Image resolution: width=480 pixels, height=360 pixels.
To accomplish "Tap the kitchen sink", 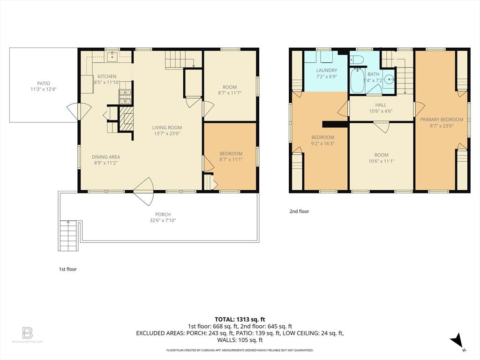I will pos(112,57).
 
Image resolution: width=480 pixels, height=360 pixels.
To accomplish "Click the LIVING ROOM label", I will pos(167,127).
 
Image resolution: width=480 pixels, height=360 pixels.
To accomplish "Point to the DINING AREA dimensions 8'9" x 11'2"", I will pos(105,163).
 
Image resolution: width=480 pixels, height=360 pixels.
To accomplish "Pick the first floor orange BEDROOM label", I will pos(231,154).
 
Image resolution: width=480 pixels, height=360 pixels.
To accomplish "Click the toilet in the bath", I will pos(357,59).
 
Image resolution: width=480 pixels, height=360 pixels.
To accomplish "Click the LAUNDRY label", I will pos(326,70).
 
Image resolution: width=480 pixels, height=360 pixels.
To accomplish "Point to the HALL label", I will pos(381,105).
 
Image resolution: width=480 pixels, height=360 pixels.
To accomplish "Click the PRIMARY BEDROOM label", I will pos(442,120).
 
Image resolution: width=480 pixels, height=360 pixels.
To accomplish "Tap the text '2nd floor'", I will pos(299,211).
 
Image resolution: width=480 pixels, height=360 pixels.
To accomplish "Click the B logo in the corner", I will pos(28,333).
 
